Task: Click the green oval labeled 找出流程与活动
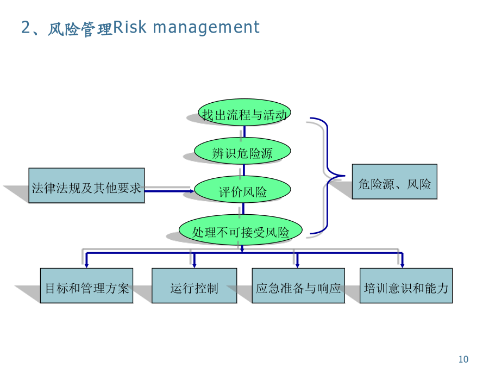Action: (x=244, y=113)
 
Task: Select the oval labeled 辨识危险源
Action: (x=242, y=151)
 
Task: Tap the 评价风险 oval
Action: (x=242, y=189)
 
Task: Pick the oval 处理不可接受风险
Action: (x=241, y=229)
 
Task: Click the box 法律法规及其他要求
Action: (x=86, y=185)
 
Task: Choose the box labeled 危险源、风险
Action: (x=394, y=181)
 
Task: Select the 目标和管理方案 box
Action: (x=86, y=285)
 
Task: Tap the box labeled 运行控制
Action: (x=194, y=285)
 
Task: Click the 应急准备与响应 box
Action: (x=298, y=285)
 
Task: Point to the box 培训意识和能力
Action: (x=406, y=285)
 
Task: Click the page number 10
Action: (x=463, y=359)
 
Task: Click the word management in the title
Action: (x=206, y=28)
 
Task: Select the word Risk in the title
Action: (x=129, y=27)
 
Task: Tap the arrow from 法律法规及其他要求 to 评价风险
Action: (x=170, y=191)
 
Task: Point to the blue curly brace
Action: (x=327, y=176)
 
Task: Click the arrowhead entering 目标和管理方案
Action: (x=86, y=265)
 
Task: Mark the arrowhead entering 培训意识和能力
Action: (x=402, y=265)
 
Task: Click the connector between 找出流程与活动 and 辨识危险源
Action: (x=244, y=132)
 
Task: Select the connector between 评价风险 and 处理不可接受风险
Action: (x=243, y=209)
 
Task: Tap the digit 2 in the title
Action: (x=26, y=27)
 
